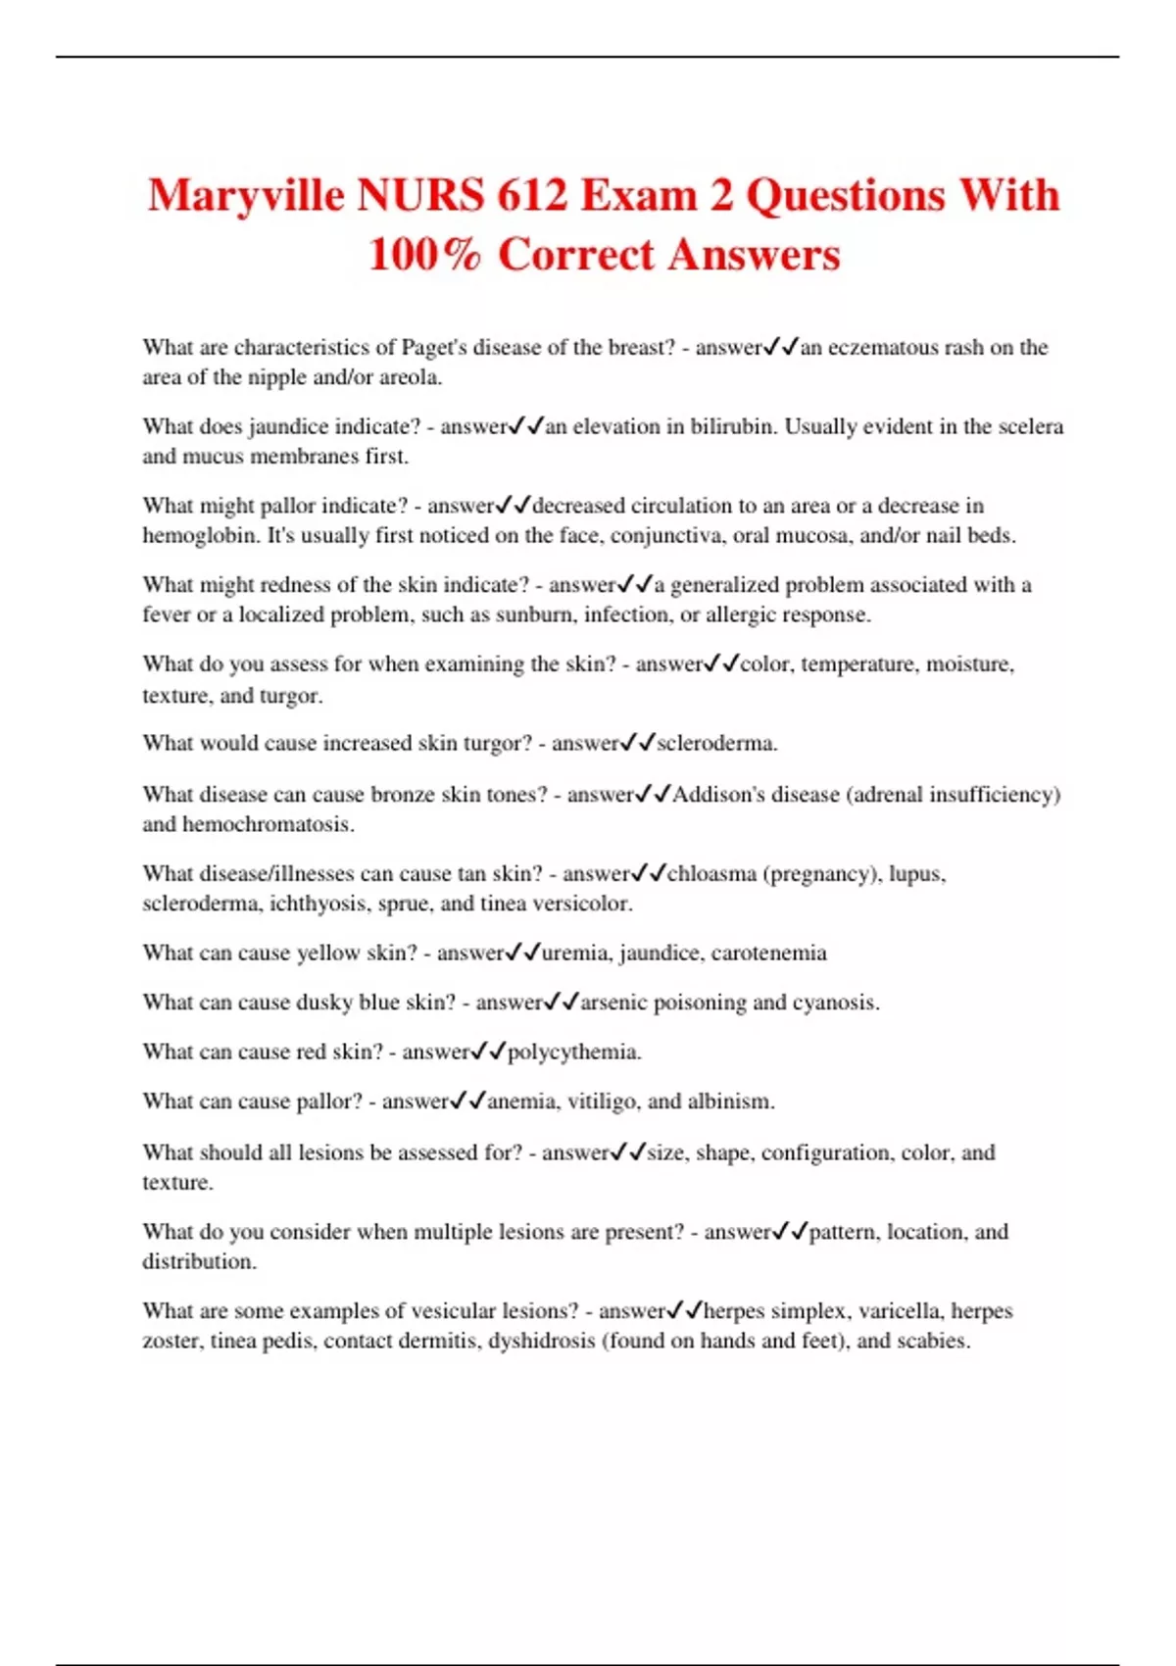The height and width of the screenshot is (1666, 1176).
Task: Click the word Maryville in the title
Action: [x=246, y=196]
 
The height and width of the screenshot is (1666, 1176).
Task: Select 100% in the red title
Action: [x=424, y=255]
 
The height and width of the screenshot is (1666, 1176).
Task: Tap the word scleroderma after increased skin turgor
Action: [x=715, y=743]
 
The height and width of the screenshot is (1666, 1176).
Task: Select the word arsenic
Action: [x=613, y=1003]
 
